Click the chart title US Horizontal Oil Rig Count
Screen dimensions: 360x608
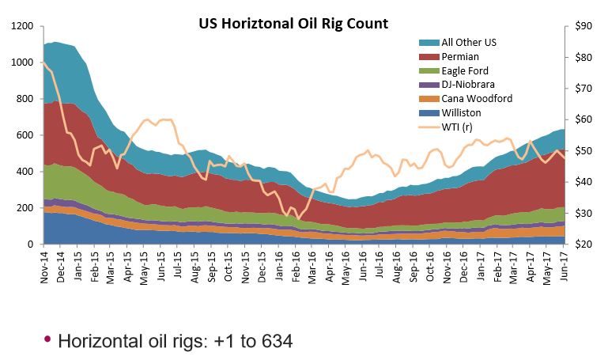pyautogui.click(x=293, y=23)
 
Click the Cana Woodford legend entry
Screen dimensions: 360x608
pyautogui.click(x=466, y=99)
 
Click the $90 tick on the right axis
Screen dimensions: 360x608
pyautogui.click(x=583, y=26)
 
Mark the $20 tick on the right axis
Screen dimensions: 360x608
pyautogui.click(x=583, y=244)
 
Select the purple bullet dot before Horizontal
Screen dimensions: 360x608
pyautogui.click(x=47, y=339)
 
